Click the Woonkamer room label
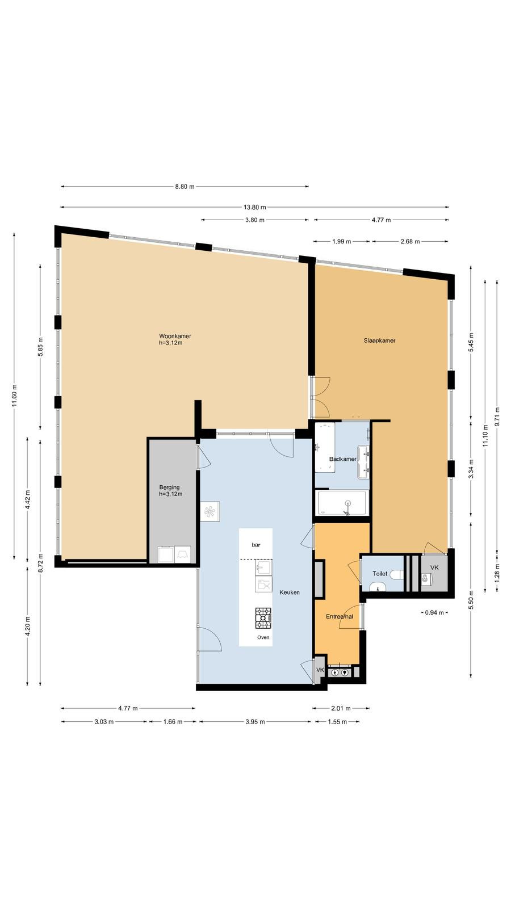[175, 336]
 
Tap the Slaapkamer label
[379, 340]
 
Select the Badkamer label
[343, 459]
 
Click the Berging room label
[169, 487]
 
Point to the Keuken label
[290, 592]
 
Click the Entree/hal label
[340, 616]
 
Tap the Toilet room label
[380, 574]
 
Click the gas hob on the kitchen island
[263, 618]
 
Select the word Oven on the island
[263, 637]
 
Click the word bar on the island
[256, 545]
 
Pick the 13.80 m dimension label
[255, 207]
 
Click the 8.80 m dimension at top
[185, 187]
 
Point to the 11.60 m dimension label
[14, 396]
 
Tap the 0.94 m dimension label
[434, 612]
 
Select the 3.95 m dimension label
[255, 721]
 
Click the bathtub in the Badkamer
[342, 503]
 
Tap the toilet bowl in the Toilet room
[397, 574]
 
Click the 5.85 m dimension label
[40, 347]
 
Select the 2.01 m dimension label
[341, 708]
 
